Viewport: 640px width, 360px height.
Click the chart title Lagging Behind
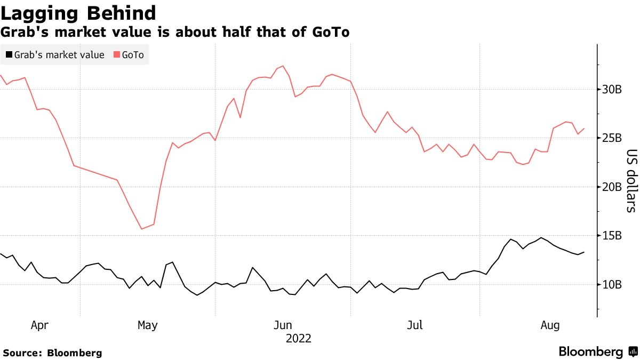[x=78, y=13]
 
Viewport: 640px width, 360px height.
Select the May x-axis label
[x=147, y=325]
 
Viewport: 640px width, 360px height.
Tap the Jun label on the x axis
[x=283, y=325]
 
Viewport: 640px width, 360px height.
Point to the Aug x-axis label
[x=550, y=325]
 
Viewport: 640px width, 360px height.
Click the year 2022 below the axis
[x=299, y=338]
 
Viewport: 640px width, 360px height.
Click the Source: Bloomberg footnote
[x=52, y=353]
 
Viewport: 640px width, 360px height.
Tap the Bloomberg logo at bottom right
[x=597, y=351]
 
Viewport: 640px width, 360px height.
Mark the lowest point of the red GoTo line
[x=142, y=229]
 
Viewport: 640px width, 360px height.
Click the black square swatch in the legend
[x=9, y=55]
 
